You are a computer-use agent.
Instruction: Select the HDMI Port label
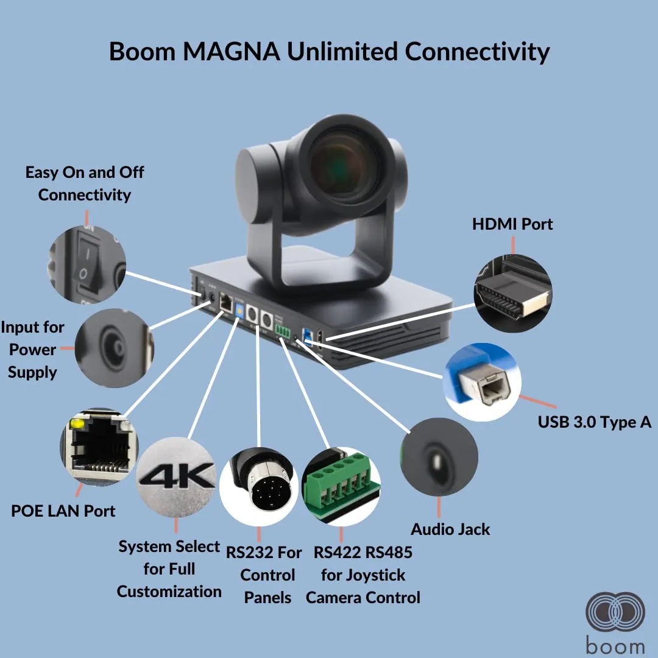(512, 224)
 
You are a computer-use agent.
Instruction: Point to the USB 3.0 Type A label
(595, 422)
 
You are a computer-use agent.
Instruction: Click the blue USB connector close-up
(482, 382)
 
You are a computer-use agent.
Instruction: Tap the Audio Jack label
(450, 529)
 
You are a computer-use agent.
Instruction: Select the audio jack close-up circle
(439, 457)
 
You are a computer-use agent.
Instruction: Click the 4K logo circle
(176, 476)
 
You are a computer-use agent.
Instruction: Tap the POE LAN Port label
(63, 511)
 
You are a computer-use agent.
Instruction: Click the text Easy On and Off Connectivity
(85, 183)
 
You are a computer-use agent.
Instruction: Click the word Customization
(169, 592)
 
